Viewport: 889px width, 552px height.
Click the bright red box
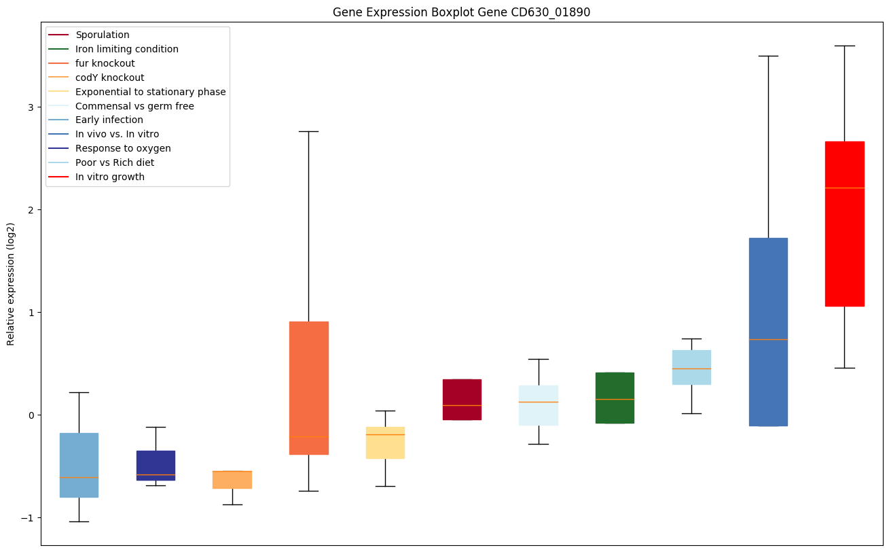(x=844, y=224)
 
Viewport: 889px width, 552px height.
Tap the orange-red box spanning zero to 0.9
(x=309, y=387)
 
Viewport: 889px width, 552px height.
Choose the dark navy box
(x=156, y=465)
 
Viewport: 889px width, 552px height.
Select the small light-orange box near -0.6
(x=232, y=479)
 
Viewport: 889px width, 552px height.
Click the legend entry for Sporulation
(x=103, y=35)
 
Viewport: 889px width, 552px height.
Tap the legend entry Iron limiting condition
(x=127, y=49)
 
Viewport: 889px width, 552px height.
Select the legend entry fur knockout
(x=105, y=63)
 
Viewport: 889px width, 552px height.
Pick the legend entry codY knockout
(x=110, y=77)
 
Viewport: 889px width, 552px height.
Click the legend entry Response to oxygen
(x=123, y=148)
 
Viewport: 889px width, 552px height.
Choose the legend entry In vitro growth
(x=110, y=177)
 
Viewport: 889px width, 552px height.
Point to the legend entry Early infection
(x=109, y=120)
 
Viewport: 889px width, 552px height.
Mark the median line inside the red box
(x=844, y=188)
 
